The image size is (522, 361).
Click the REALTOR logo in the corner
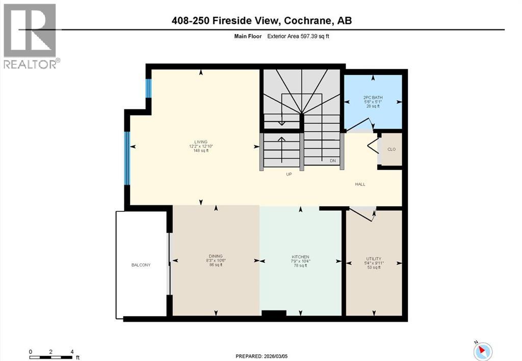pyautogui.click(x=30, y=36)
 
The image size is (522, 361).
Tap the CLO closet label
pyautogui.click(x=391, y=149)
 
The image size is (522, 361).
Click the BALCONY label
pyautogui.click(x=141, y=265)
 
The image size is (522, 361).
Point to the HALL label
pyautogui.click(x=360, y=184)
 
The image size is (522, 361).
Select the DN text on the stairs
pyautogui.click(x=332, y=161)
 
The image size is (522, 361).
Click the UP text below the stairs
pyautogui.click(x=289, y=174)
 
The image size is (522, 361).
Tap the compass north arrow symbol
pyautogui.click(x=483, y=350)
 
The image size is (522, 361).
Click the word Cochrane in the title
pyautogui.click(x=307, y=20)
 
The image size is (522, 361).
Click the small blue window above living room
pyautogui.click(x=148, y=89)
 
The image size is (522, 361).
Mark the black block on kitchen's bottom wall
pyautogui.click(x=274, y=315)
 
